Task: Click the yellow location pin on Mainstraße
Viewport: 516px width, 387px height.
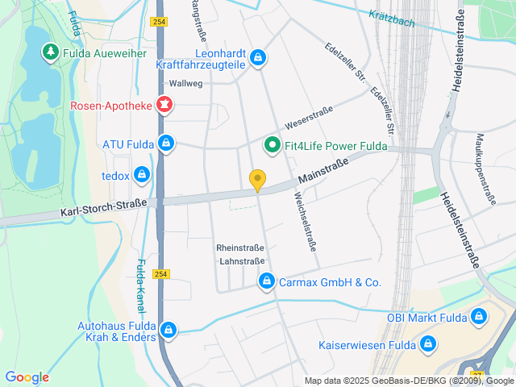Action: (257, 181)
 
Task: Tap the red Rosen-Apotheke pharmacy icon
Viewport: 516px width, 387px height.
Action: (165, 104)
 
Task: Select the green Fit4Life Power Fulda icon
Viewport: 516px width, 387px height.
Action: (273, 146)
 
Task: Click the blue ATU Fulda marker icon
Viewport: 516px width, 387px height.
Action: (165, 144)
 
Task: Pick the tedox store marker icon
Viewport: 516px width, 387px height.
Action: (142, 173)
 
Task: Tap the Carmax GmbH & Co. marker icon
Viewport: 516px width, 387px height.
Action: (265, 281)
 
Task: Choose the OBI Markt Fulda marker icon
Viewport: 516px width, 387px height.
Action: (480, 317)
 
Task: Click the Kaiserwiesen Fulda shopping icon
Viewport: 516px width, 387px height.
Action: (429, 345)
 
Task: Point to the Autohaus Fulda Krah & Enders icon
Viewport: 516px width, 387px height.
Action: (169, 329)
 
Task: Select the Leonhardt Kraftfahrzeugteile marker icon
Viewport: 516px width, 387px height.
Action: (257, 57)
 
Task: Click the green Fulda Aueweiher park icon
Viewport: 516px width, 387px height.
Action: (50, 52)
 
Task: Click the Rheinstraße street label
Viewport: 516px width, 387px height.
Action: (240, 248)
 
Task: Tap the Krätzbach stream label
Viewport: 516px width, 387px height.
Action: (392, 18)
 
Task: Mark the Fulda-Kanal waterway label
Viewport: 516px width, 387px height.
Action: (139, 285)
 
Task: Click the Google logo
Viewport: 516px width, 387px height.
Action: (27, 377)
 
